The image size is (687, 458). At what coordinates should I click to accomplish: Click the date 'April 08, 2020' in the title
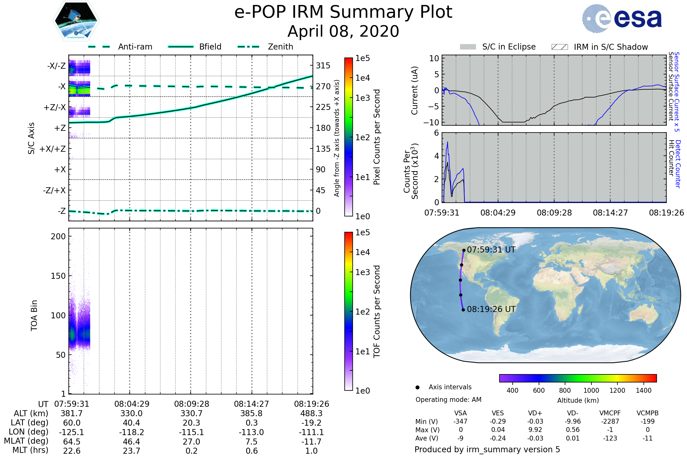tap(343, 31)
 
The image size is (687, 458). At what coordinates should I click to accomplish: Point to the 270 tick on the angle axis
tap(323, 86)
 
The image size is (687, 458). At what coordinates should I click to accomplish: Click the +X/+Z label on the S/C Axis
tap(53, 149)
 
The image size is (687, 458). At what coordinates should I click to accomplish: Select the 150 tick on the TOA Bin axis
tap(58, 276)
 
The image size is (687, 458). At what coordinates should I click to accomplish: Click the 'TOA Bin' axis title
tap(34, 315)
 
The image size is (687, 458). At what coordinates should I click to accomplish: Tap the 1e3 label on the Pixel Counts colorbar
tap(362, 98)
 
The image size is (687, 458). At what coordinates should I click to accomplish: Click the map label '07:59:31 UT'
tap(491, 250)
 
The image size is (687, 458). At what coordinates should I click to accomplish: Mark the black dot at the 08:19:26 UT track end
tap(463, 310)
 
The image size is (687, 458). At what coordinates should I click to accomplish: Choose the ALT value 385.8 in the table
tap(252, 413)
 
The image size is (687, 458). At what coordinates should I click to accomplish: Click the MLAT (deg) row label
tap(26, 441)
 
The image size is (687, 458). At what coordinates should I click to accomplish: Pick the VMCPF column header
tap(610, 413)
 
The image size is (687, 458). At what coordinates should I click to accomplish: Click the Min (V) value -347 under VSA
tap(460, 421)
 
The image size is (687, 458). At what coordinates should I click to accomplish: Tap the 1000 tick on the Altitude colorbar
tap(591, 390)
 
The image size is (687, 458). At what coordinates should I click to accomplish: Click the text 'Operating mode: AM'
tap(448, 400)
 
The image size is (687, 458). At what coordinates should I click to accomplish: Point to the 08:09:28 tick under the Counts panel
tap(554, 213)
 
